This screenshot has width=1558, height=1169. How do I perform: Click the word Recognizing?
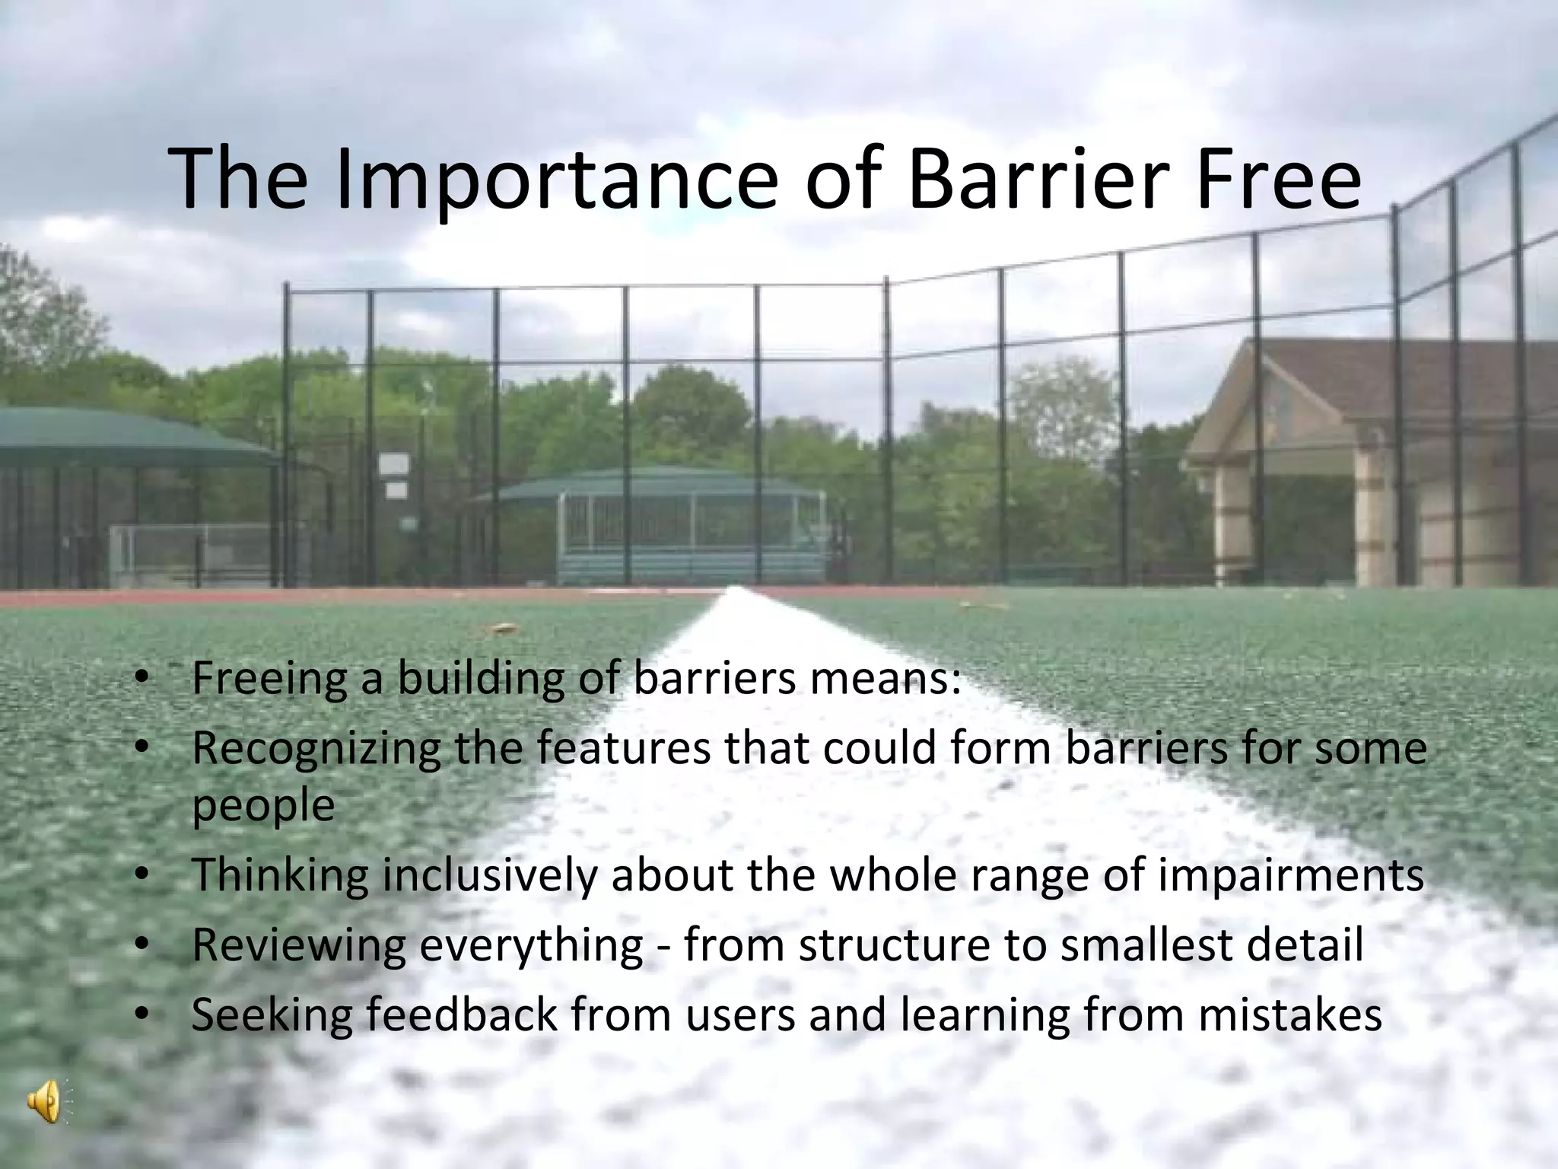[x=316, y=749]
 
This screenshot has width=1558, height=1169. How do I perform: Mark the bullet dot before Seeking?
[x=141, y=1015]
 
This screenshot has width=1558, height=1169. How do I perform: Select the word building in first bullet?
[x=482, y=680]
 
